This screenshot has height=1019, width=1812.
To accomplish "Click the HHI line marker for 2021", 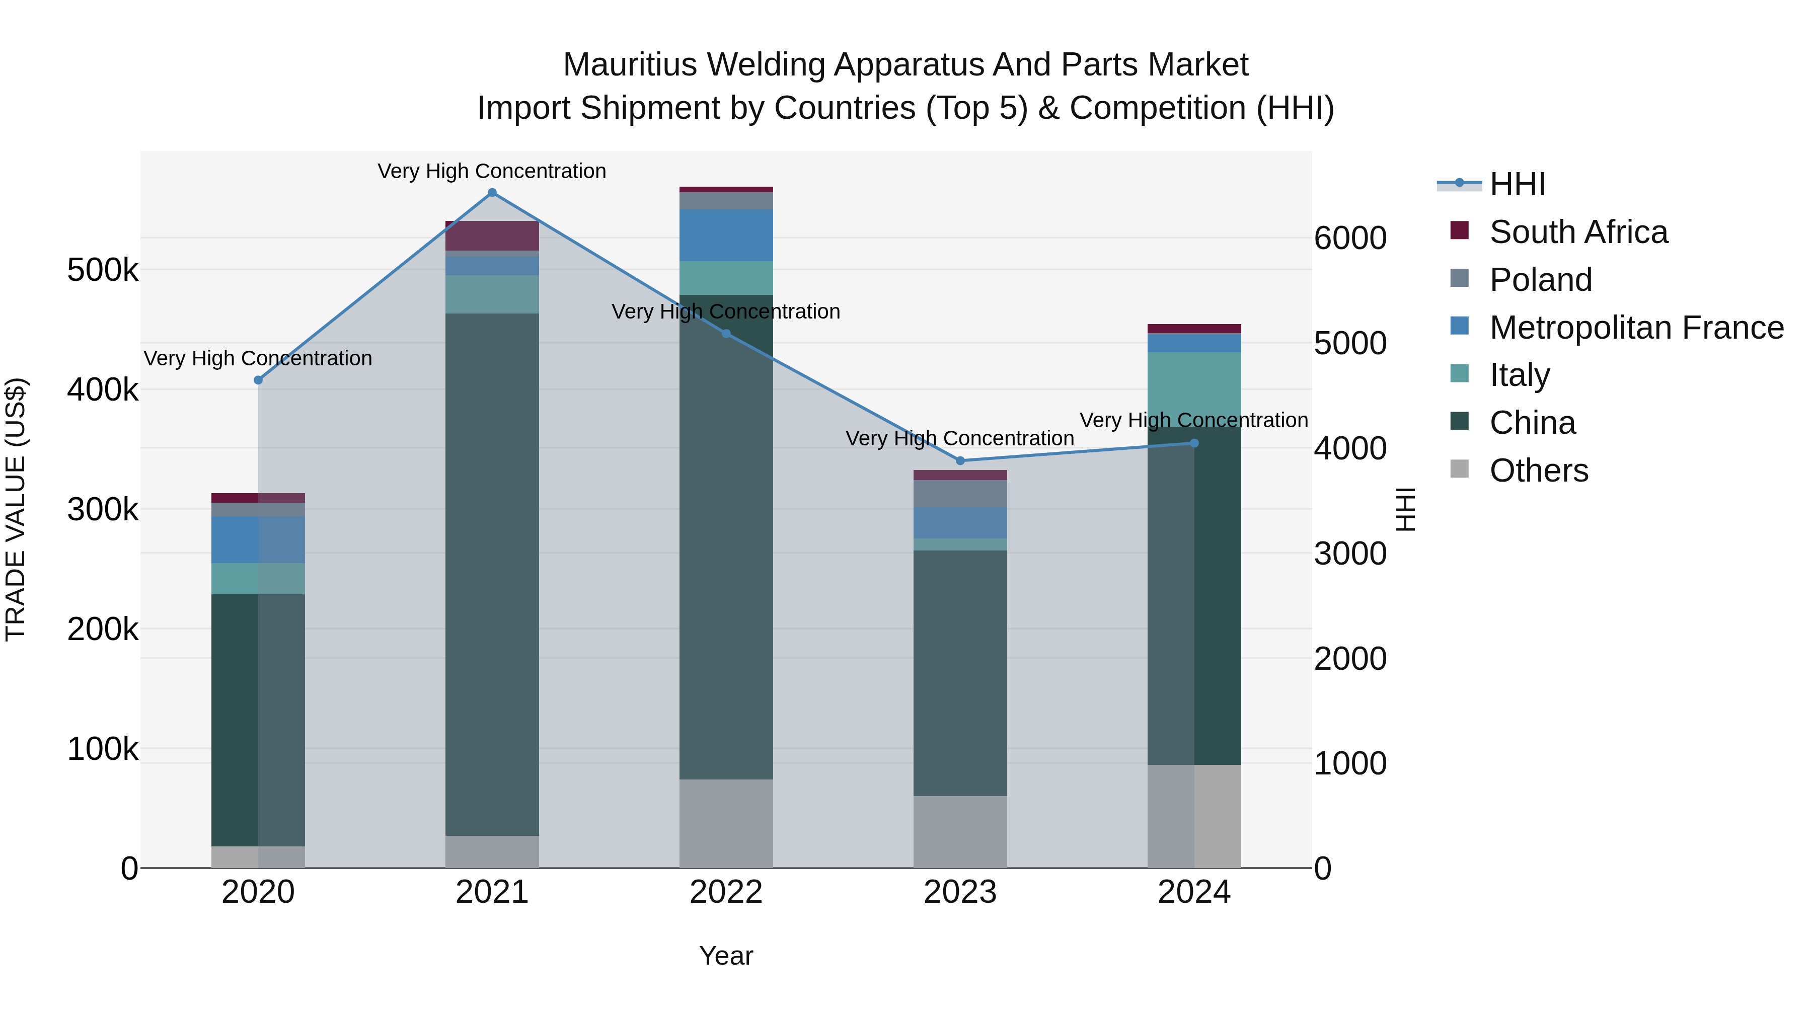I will click(492, 193).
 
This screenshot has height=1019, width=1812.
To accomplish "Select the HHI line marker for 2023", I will click(960, 460).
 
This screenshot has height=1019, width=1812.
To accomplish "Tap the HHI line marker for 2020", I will click(258, 380).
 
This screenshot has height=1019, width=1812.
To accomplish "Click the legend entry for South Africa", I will click(1578, 232).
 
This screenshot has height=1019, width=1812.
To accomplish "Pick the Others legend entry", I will click(1538, 471).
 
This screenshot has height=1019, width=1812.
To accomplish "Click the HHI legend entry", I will click(1517, 184).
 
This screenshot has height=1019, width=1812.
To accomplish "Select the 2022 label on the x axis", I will click(726, 892).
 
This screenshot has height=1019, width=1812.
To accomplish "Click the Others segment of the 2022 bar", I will click(726, 823).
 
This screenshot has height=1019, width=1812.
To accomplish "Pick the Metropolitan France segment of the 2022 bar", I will click(726, 235).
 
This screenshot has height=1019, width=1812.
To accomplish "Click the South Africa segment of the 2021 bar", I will click(492, 236).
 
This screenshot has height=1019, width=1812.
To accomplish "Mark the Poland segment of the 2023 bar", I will click(960, 494).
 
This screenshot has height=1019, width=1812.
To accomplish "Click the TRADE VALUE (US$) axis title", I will click(16, 509).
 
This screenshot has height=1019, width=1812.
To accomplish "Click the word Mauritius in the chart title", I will click(630, 65).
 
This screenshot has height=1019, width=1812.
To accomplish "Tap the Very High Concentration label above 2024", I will click(1194, 421).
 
